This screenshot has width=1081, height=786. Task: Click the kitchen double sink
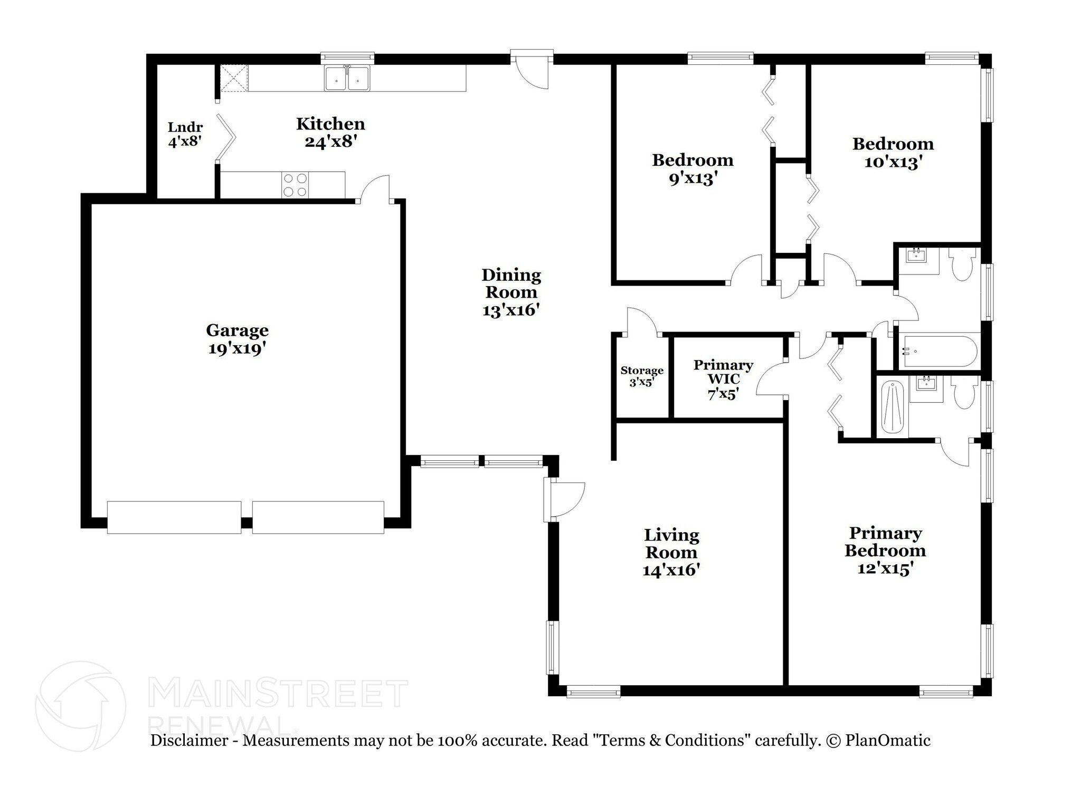tap(347, 78)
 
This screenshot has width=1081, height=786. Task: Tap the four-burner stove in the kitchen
tap(295, 185)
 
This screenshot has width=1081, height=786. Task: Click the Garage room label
tap(237, 339)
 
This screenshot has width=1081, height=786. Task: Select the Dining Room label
tap(511, 292)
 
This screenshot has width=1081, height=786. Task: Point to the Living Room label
tap(671, 552)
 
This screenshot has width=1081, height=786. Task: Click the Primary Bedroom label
tap(885, 551)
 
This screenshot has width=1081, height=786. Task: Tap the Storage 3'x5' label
tap(642, 376)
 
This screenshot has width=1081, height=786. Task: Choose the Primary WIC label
tap(723, 379)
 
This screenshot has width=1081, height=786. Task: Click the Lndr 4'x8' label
tap(185, 134)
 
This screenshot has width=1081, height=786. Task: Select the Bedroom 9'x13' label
tap(693, 169)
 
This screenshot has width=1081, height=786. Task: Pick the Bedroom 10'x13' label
tap(893, 153)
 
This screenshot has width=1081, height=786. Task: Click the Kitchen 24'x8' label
tap(330, 132)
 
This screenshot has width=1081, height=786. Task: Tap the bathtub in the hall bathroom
tap(938, 351)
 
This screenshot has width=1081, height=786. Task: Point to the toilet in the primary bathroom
tap(965, 392)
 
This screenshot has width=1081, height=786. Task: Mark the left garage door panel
tap(174, 517)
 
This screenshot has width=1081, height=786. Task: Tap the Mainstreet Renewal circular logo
tap(80, 706)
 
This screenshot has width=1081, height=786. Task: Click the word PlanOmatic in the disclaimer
tap(888, 741)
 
